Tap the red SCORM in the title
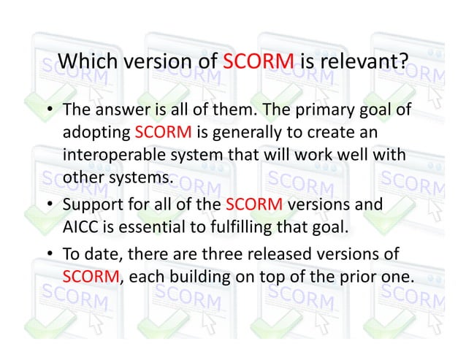[257, 62]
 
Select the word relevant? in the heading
[364, 62]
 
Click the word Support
[90, 204]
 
